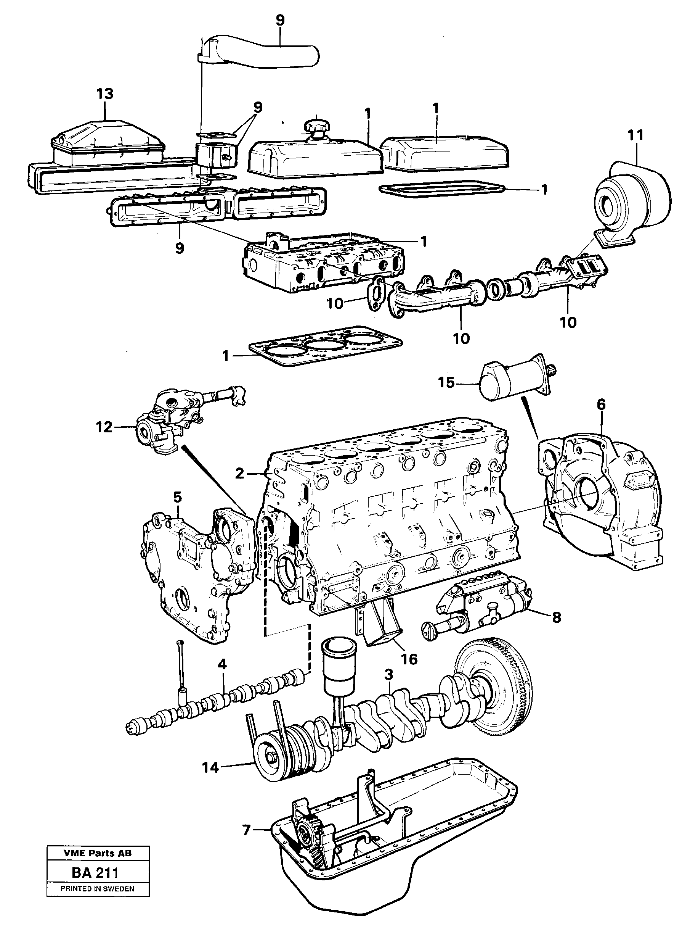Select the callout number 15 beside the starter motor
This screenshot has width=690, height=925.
446,382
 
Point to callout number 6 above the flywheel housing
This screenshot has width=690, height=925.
601,404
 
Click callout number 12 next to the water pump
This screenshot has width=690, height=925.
104,427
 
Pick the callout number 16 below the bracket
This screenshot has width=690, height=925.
409,659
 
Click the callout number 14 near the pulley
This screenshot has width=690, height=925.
211,767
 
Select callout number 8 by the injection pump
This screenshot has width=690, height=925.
556,617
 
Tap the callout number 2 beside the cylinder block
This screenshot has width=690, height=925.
239,474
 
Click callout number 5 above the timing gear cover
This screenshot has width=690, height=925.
177,497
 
